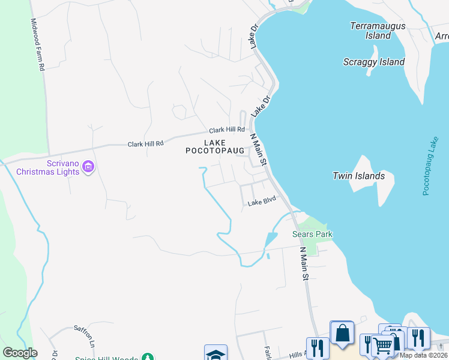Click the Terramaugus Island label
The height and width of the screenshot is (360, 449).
click(x=378, y=31)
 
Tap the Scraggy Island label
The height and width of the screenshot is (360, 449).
click(x=373, y=62)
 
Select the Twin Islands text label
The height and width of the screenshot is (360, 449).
click(x=358, y=176)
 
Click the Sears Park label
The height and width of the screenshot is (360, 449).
click(x=312, y=234)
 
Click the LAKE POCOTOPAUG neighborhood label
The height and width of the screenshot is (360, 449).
click(x=215, y=146)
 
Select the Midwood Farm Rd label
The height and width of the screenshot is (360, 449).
click(x=38, y=45)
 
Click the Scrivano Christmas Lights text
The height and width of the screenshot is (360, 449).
click(x=47, y=167)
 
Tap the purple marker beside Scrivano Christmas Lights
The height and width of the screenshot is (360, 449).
click(x=88, y=166)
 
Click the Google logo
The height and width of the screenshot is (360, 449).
click(x=20, y=353)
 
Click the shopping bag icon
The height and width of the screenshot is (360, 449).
click(x=342, y=334)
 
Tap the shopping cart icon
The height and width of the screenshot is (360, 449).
click(x=382, y=345)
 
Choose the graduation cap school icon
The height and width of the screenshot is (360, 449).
click(x=215, y=353)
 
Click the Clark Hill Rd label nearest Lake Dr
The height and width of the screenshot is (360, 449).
click(x=227, y=130)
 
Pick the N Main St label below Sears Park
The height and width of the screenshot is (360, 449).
click(x=303, y=263)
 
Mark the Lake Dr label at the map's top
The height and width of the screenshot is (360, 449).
click(x=253, y=36)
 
